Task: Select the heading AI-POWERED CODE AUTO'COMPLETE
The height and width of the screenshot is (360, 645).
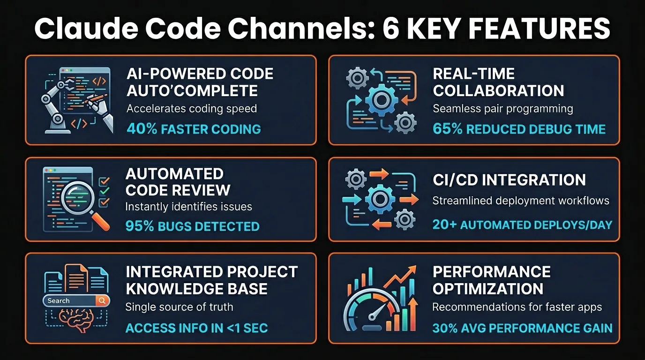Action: (x=200, y=82)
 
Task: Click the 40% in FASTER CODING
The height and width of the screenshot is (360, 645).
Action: (x=142, y=129)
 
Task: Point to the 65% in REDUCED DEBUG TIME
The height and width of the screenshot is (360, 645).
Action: (x=448, y=129)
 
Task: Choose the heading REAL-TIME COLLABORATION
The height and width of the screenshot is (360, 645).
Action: (x=498, y=82)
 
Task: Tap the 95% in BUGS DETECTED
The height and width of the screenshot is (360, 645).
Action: (x=140, y=226)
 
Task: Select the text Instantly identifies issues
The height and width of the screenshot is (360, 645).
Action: (x=188, y=206)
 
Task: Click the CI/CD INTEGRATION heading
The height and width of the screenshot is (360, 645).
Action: (x=509, y=180)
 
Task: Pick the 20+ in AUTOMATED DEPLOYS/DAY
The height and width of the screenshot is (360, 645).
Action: (x=444, y=225)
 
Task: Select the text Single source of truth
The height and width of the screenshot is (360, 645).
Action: (x=179, y=307)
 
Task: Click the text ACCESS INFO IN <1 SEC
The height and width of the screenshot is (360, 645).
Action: (x=196, y=328)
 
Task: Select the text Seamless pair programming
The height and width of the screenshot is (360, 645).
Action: (x=503, y=109)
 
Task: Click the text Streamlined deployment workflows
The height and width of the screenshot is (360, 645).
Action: (x=520, y=201)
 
